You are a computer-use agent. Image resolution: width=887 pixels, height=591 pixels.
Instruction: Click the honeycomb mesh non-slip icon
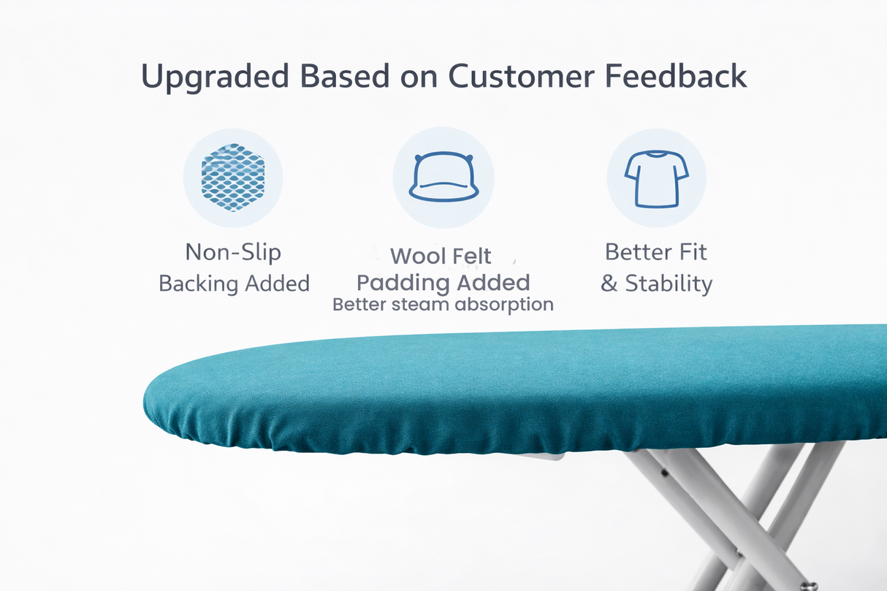click(232, 178)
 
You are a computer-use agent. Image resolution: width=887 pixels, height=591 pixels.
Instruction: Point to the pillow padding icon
click(443, 178)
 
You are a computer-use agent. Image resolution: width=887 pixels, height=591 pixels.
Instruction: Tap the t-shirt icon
click(656, 178)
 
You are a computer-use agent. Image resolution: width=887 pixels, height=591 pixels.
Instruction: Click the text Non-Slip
click(233, 252)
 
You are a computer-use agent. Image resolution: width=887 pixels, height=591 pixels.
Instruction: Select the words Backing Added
click(234, 283)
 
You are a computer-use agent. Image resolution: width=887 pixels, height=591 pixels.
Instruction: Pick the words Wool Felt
click(441, 256)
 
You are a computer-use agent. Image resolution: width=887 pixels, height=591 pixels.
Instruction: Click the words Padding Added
click(443, 283)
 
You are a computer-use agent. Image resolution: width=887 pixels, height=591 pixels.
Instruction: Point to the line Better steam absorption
click(443, 304)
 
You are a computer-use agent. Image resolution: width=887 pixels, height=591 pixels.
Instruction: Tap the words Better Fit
click(656, 252)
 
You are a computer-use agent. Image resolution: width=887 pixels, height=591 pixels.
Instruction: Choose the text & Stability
click(656, 283)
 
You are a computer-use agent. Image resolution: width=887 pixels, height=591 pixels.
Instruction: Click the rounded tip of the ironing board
click(157, 402)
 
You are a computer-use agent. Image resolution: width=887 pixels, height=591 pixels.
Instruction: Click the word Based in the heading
click(348, 76)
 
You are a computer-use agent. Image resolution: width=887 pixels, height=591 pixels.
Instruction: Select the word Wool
click(417, 256)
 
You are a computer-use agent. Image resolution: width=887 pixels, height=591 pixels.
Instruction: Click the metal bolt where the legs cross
click(807, 584)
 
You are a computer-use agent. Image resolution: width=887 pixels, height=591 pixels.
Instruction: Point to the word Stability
click(668, 283)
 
